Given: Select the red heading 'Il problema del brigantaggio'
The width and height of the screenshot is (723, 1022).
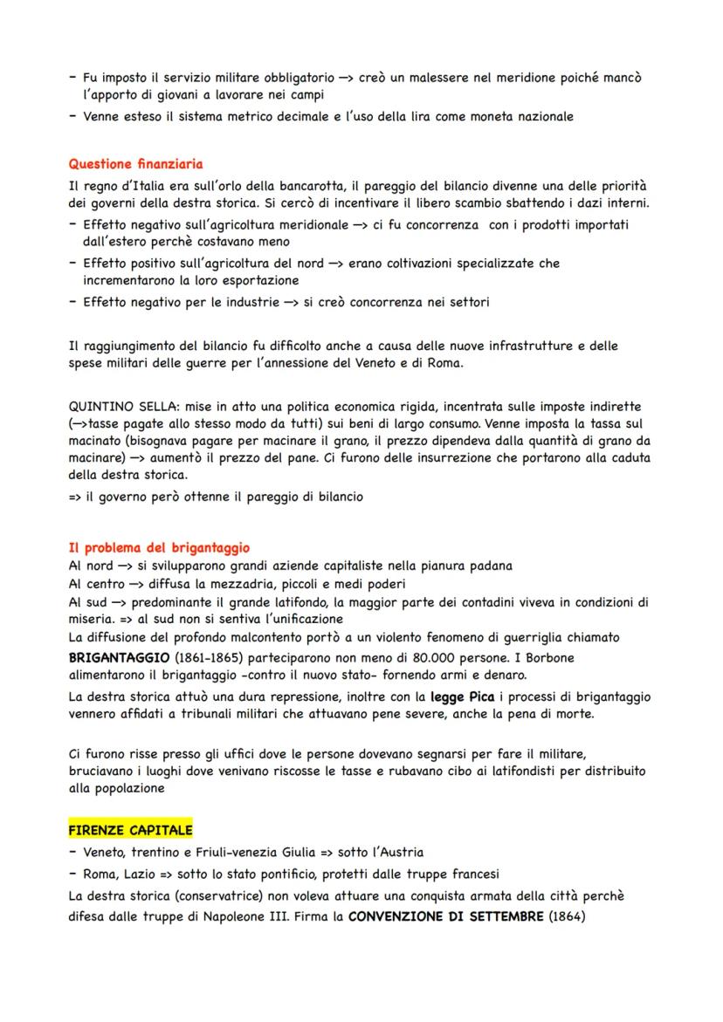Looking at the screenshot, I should pos(158,548).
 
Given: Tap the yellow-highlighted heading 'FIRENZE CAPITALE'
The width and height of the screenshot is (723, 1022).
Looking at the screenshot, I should pos(130,829).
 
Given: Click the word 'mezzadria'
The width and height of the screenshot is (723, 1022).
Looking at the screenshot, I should pos(217,584).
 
